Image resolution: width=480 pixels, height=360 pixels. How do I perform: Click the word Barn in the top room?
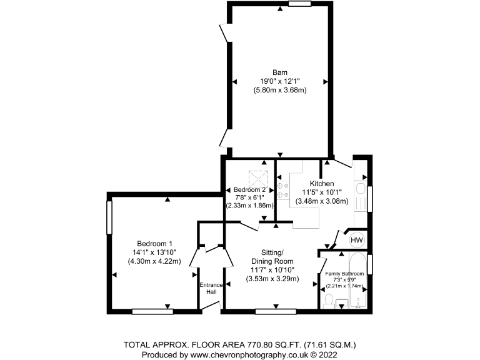(x=279, y=72)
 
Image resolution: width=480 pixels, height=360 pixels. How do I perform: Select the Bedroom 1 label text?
(x=154, y=244)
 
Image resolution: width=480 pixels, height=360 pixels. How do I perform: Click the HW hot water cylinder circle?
(x=356, y=240)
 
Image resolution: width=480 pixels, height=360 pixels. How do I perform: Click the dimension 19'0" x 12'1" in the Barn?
(x=279, y=81)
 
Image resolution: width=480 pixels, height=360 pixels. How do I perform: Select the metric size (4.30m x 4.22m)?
(x=154, y=261)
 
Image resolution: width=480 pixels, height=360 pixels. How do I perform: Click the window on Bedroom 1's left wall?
(x=109, y=216)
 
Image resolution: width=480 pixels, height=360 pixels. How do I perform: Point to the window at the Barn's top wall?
(x=299, y=4)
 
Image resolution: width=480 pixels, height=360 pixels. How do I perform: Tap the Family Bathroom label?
(x=342, y=274)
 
